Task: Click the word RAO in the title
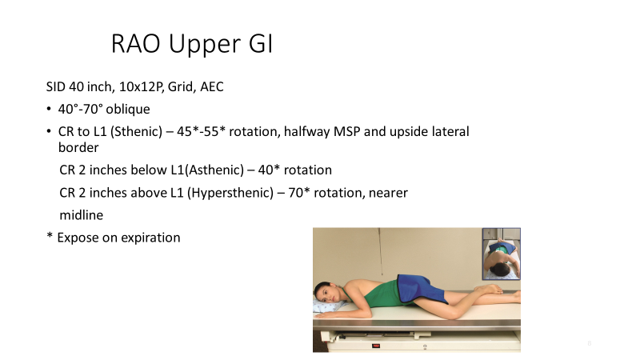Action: pyautogui.click(x=134, y=45)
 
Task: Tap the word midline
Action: pyautogui.click(x=82, y=216)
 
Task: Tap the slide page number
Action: pyautogui.click(x=589, y=343)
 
